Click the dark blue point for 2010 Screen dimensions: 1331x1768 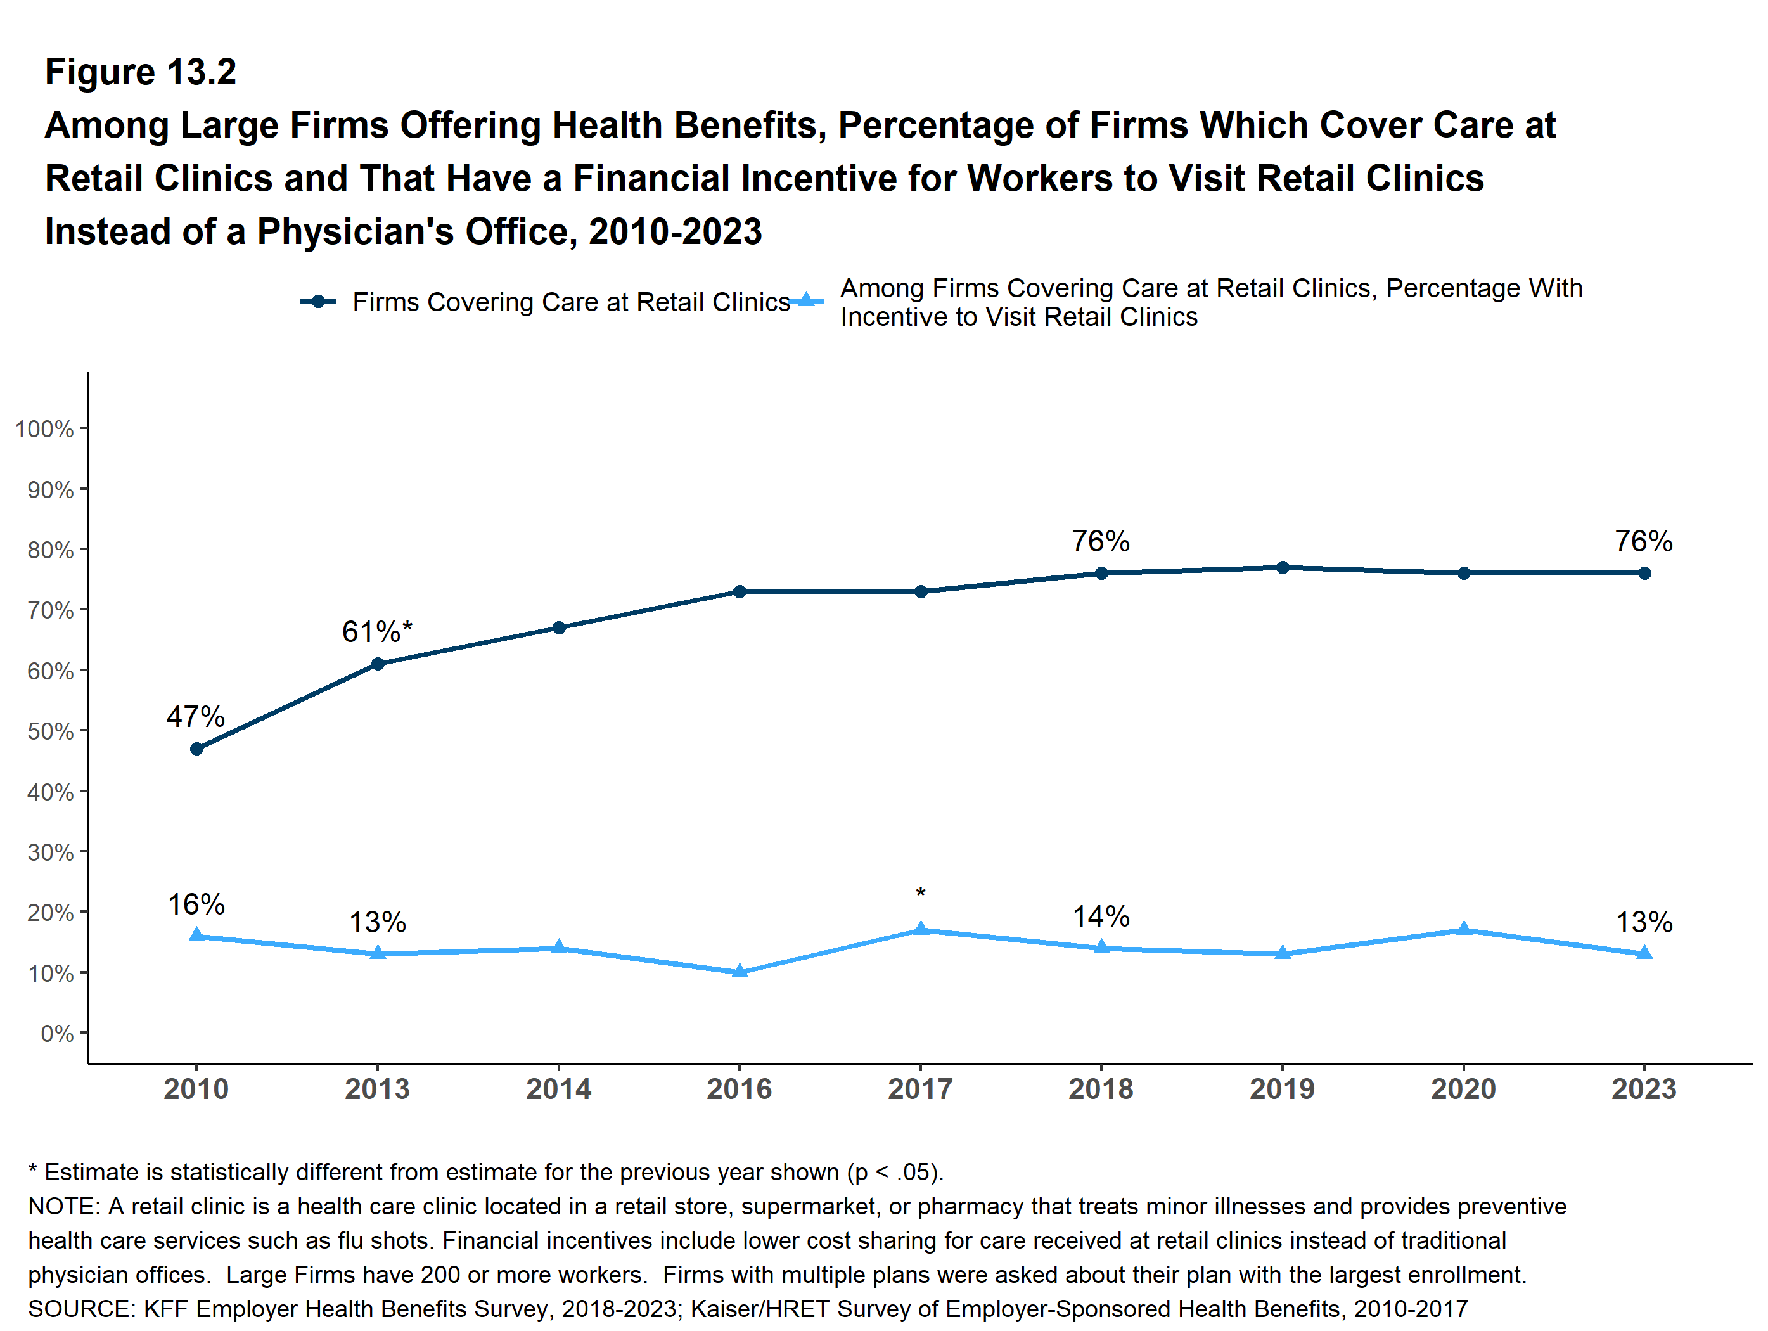pyautogui.click(x=196, y=749)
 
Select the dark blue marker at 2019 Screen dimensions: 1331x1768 pyautogui.click(x=1282, y=567)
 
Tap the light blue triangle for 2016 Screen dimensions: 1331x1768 pyautogui.click(x=740, y=971)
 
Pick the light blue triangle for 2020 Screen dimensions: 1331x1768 pyautogui.click(x=1463, y=929)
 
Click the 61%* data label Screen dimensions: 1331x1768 pyautogui.click(x=377, y=631)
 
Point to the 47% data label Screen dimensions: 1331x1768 pyautogui.click(x=196, y=716)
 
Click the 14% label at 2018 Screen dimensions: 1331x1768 pyautogui.click(x=1101, y=916)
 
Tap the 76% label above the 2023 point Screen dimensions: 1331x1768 pyautogui.click(x=1643, y=541)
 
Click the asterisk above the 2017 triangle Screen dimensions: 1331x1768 pyautogui.click(x=921, y=893)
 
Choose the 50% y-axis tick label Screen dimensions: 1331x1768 pyautogui.click(x=50, y=731)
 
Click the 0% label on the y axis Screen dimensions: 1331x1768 pyautogui.click(x=57, y=1034)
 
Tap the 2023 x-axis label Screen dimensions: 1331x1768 pyautogui.click(x=1643, y=1089)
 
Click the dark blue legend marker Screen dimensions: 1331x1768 pyautogui.click(x=318, y=301)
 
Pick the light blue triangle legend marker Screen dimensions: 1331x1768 pyautogui.click(x=807, y=300)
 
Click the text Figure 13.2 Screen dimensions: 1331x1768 pyautogui.click(x=141, y=72)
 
